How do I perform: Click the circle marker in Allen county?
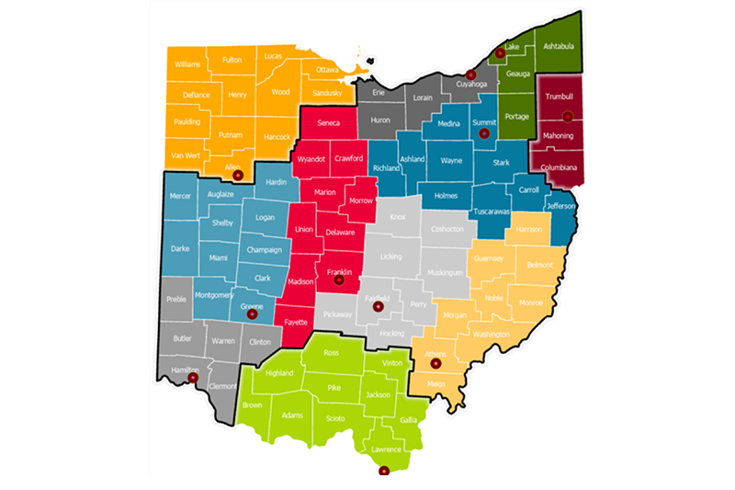click(x=238, y=175)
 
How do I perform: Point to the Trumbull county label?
click(x=559, y=97)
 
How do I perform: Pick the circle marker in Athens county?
click(x=435, y=364)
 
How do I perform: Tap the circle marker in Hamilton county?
click(x=193, y=378)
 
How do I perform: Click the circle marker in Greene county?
click(x=254, y=313)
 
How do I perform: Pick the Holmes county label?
click(x=445, y=195)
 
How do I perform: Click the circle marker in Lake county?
click(x=500, y=53)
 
